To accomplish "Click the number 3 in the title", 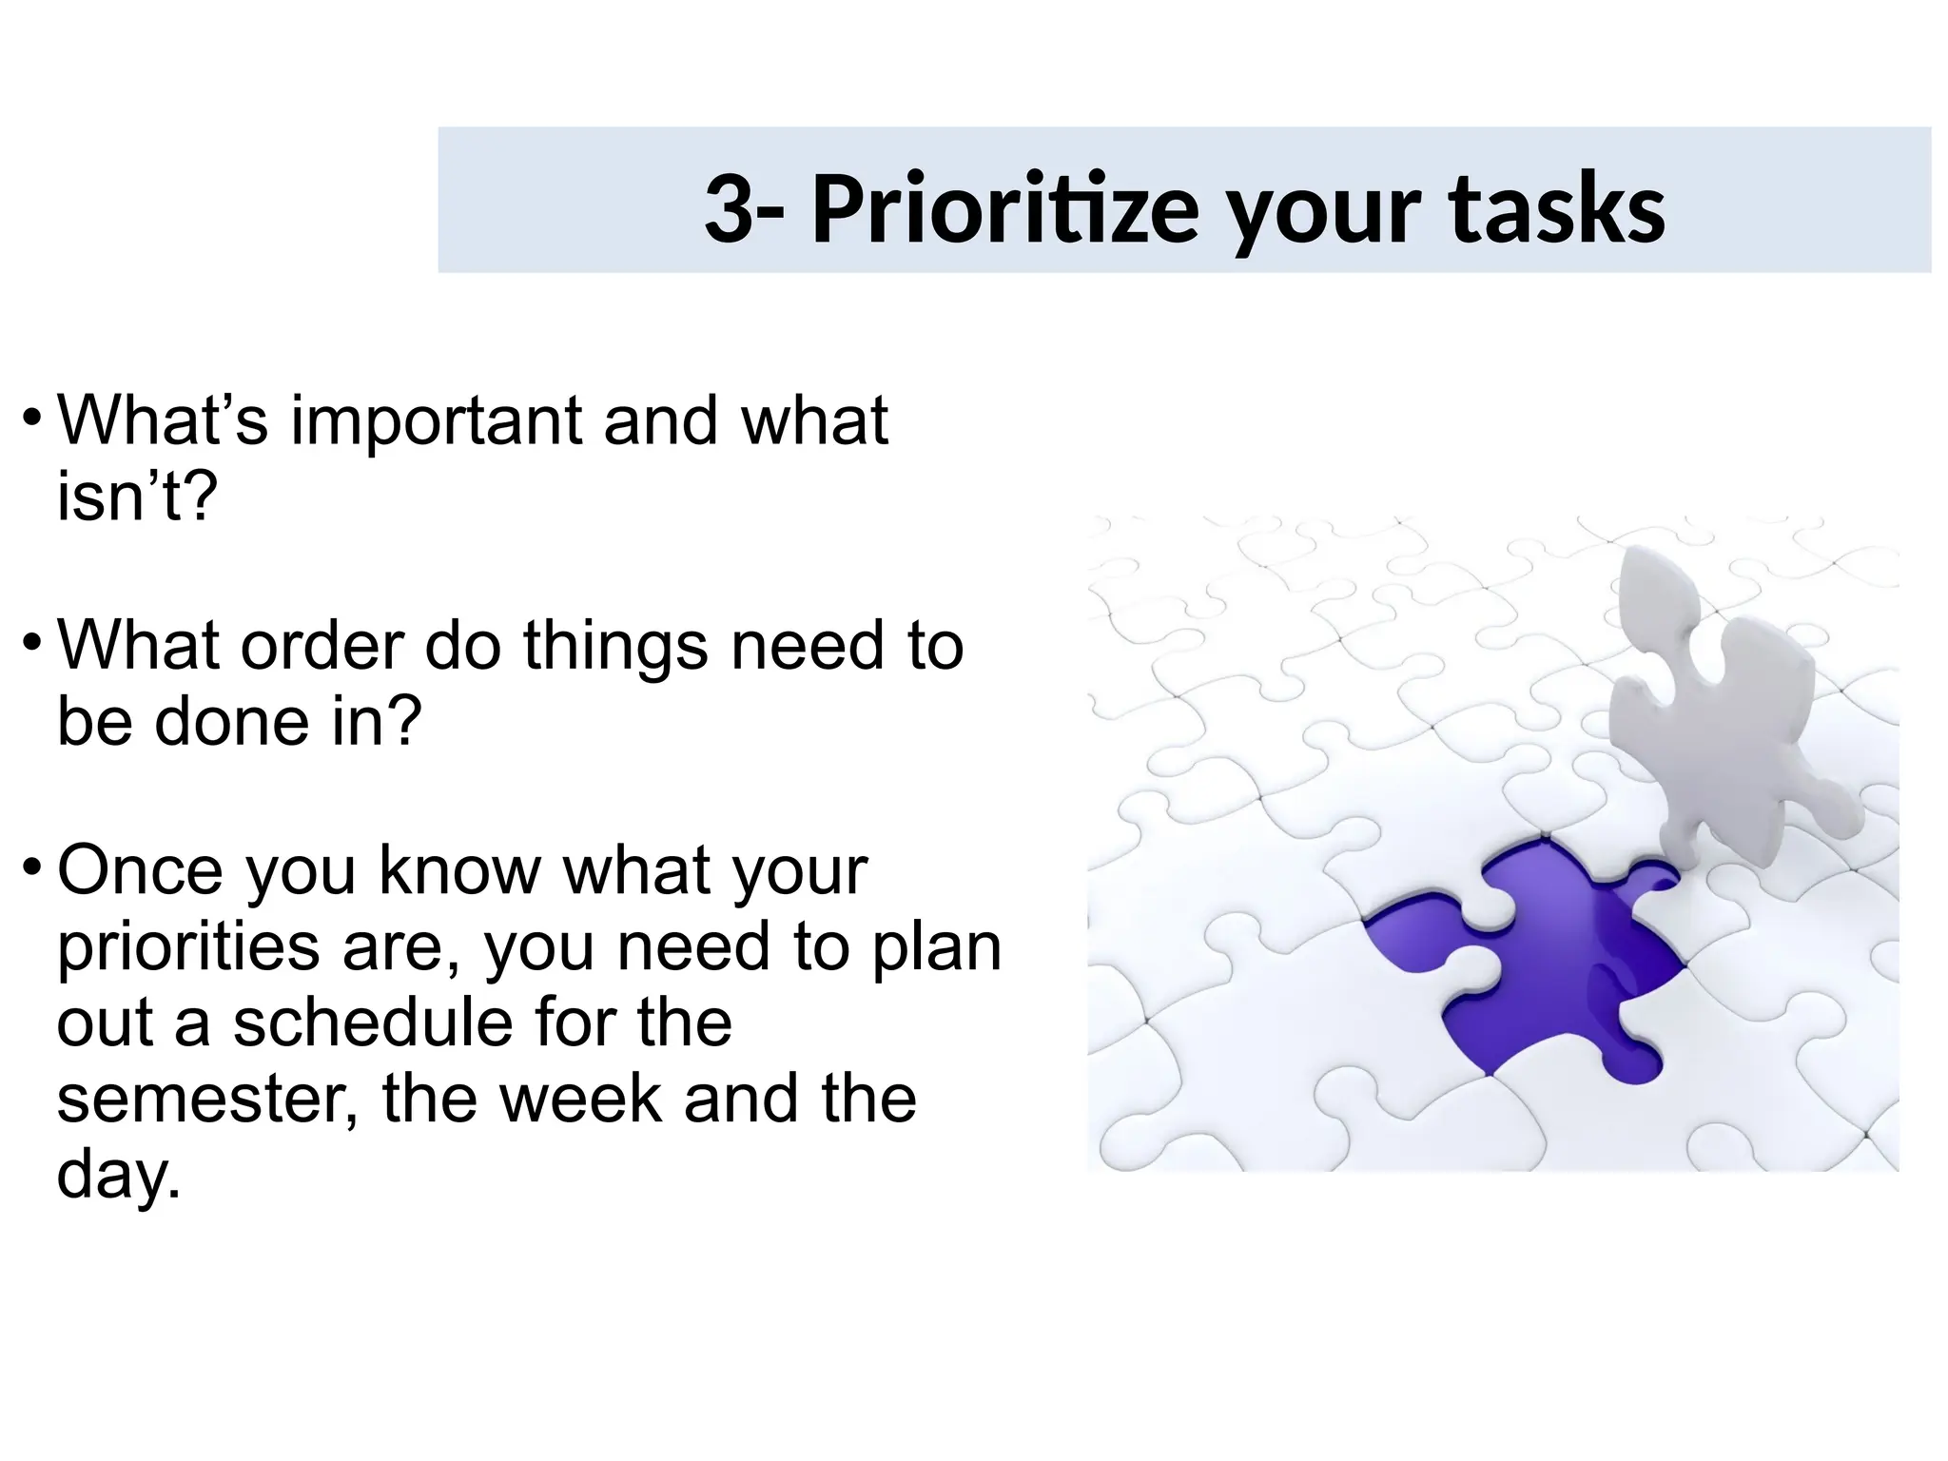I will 730,208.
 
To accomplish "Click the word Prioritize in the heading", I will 1004,210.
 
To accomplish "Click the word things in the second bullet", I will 616,647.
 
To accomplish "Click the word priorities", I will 188,947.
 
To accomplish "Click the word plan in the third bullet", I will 937,947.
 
